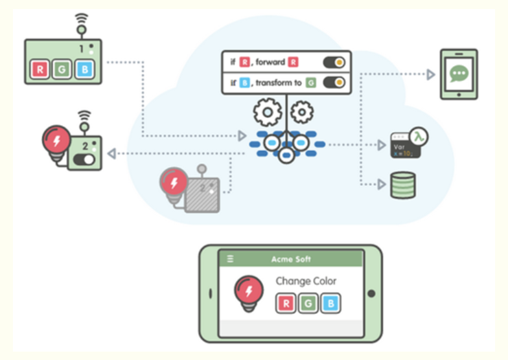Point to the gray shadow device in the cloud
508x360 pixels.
pos(202,194)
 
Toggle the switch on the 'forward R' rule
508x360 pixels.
pos(334,63)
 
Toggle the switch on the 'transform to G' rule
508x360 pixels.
pos(334,83)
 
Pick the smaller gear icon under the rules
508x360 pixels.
pos(301,113)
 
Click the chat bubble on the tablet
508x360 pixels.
pos(459,73)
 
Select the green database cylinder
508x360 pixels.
pos(402,185)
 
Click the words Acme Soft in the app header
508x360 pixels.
pos(291,259)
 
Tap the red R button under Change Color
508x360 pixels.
pos(286,303)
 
